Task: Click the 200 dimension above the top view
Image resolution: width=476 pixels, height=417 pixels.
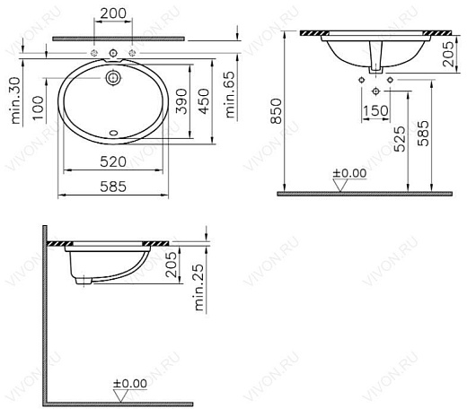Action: point(113,13)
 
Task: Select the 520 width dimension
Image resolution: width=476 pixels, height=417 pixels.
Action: point(113,161)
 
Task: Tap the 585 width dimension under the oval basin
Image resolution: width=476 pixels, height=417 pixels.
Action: point(113,187)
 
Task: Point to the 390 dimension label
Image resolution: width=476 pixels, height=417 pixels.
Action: point(181,101)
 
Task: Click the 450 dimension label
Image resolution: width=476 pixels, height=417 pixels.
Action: point(204,101)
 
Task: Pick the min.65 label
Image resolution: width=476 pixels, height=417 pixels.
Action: point(230,94)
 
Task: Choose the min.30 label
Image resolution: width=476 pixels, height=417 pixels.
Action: point(15,100)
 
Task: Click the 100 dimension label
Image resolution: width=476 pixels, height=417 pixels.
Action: point(39,108)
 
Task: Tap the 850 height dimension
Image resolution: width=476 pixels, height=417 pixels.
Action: point(277,111)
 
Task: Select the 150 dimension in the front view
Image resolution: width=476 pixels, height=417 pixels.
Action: point(375,111)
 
